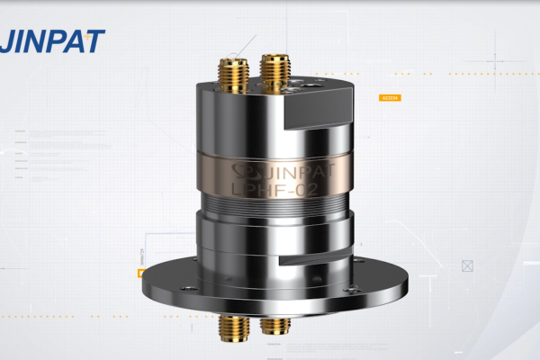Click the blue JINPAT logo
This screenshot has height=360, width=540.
[52, 40]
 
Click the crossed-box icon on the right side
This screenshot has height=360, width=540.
[467, 265]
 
